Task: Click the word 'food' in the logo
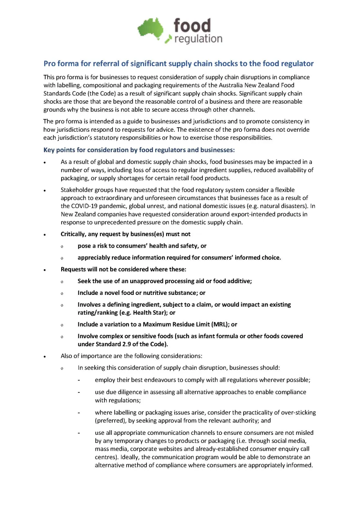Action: [192, 26]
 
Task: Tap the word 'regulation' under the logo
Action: [198, 39]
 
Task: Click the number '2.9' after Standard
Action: [125, 344]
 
